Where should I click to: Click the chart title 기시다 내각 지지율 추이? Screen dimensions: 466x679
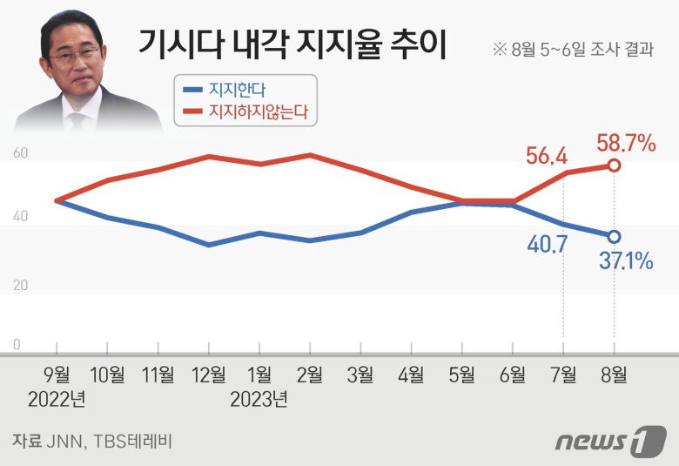point(292,44)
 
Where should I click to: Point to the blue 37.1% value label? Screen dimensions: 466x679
point(624,259)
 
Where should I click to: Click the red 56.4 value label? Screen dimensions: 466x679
point(547,157)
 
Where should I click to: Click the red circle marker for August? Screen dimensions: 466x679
point(614,165)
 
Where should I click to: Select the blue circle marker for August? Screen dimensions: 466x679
point(614,236)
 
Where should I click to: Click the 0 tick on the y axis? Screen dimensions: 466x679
point(17,345)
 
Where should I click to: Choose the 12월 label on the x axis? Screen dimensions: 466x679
point(209,375)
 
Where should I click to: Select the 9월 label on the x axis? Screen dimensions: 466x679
point(57,375)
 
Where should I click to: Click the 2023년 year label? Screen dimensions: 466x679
point(259,400)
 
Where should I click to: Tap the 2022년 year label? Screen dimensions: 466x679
point(57,400)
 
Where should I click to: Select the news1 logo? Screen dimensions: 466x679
point(610,440)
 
